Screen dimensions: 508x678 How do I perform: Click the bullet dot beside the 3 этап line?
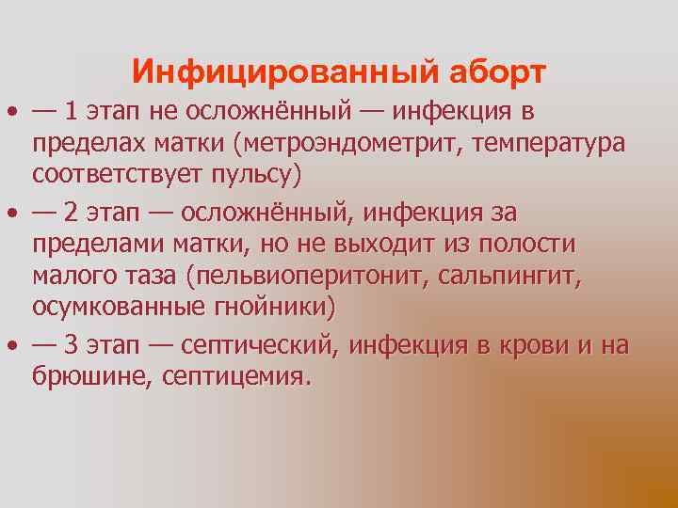coord(12,345)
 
